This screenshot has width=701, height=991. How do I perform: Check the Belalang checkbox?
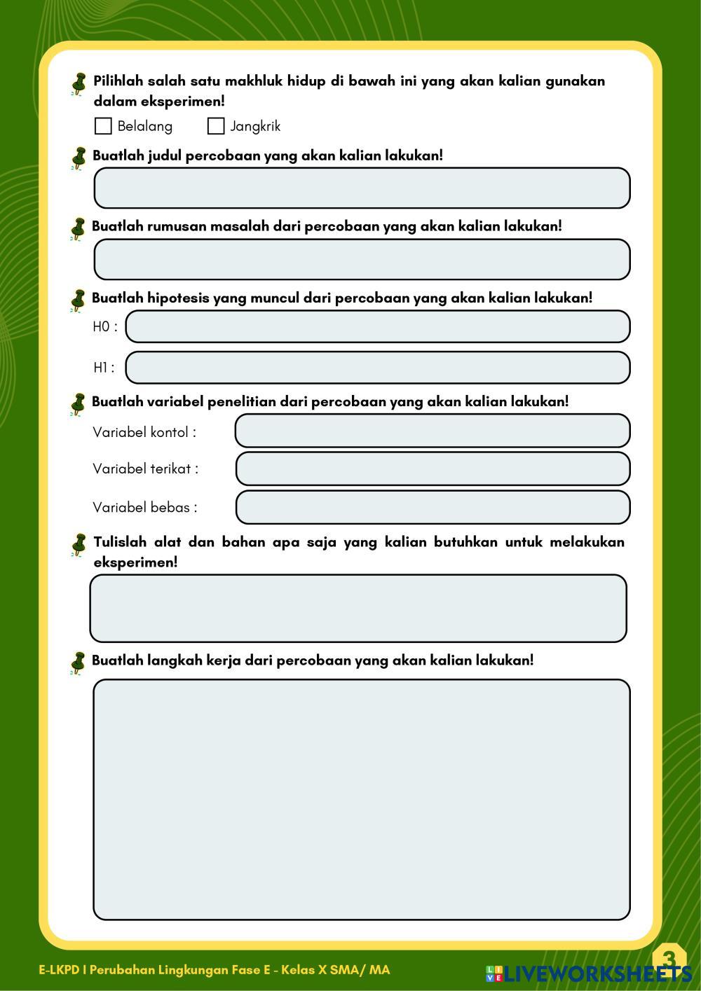tap(103, 126)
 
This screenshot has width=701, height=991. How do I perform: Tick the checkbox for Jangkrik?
tap(216, 126)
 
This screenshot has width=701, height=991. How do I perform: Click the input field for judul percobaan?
tap(362, 188)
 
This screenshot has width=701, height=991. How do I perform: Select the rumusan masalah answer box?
tap(362, 259)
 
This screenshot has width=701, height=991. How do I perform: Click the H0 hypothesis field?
tap(377, 326)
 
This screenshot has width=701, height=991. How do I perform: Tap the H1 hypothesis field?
tap(377, 368)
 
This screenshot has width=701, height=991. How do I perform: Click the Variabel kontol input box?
tap(432, 431)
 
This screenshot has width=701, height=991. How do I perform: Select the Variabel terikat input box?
tap(432, 469)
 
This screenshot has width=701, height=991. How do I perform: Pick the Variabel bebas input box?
tap(432, 507)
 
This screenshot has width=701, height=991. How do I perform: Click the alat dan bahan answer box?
tap(358, 608)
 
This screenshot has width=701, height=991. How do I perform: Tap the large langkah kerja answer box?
tap(362, 799)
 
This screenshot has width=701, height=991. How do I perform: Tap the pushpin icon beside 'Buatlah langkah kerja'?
tap(78, 663)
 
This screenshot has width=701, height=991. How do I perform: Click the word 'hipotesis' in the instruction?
tap(178, 298)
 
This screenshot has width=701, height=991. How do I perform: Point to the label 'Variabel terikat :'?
tap(145, 469)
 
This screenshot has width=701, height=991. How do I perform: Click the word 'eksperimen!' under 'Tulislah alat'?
tap(135, 562)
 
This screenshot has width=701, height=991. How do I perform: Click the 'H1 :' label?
tap(104, 368)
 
